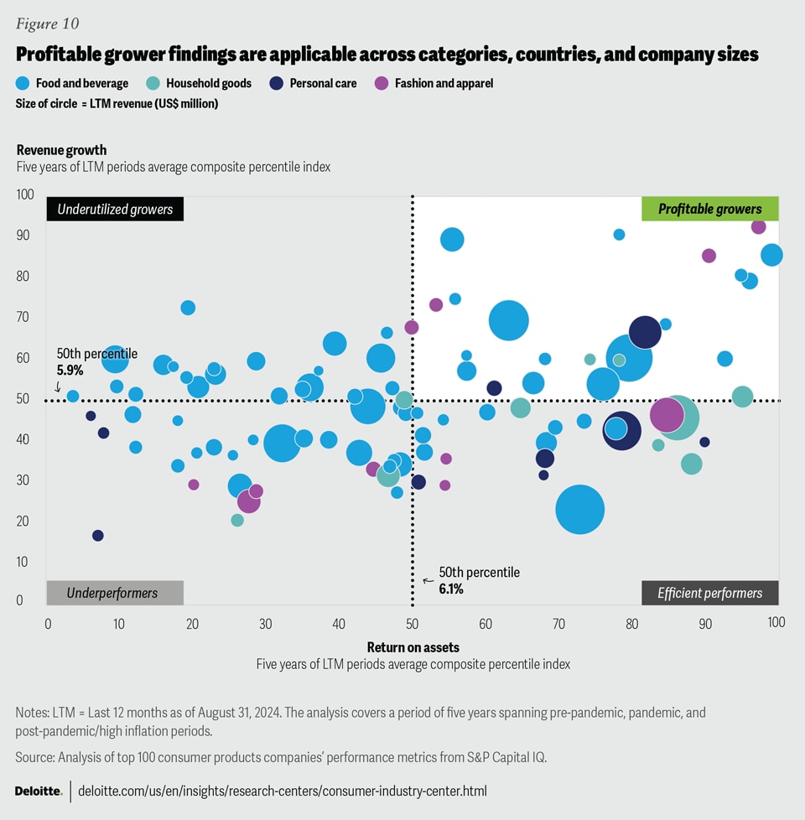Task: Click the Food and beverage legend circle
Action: pyautogui.click(x=23, y=83)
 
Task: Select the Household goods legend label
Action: pyautogui.click(x=208, y=83)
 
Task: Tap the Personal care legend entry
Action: pyautogui.click(x=323, y=83)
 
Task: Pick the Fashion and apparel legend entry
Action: pyautogui.click(x=444, y=83)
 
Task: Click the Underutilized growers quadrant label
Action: pyautogui.click(x=115, y=209)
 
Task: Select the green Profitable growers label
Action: pyautogui.click(x=709, y=209)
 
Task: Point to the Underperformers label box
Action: pyautogui.click(x=115, y=593)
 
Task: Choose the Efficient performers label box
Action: pyautogui.click(x=709, y=593)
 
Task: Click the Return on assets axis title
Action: pyautogui.click(x=413, y=646)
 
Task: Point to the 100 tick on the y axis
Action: pyautogui.click(x=25, y=195)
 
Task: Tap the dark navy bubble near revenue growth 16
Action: pyautogui.click(x=98, y=535)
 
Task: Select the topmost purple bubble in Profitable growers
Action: pyautogui.click(x=758, y=226)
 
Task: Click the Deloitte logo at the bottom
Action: pyautogui.click(x=38, y=791)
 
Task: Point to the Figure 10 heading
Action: pyautogui.click(x=49, y=23)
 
